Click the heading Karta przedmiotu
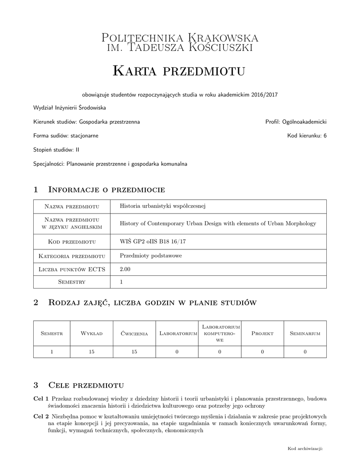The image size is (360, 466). click(x=179, y=71)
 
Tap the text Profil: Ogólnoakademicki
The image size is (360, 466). click(x=296, y=122)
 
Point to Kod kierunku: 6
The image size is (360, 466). click(x=307, y=136)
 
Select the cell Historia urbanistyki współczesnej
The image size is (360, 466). click(x=163, y=206)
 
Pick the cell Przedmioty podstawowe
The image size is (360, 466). click(x=151, y=256)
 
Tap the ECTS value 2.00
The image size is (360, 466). click(x=125, y=269)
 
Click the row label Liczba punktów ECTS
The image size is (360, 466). click(x=72, y=269)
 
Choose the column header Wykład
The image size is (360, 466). click(x=91, y=334)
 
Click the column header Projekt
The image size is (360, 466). click(x=262, y=334)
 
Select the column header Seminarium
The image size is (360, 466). click(x=305, y=334)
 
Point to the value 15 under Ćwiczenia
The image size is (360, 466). click(x=134, y=351)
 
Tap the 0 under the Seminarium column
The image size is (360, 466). click(x=305, y=351)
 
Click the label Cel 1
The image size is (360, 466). click(x=41, y=399)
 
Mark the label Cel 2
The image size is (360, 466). click(x=41, y=416)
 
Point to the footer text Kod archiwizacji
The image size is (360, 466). click(x=305, y=449)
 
